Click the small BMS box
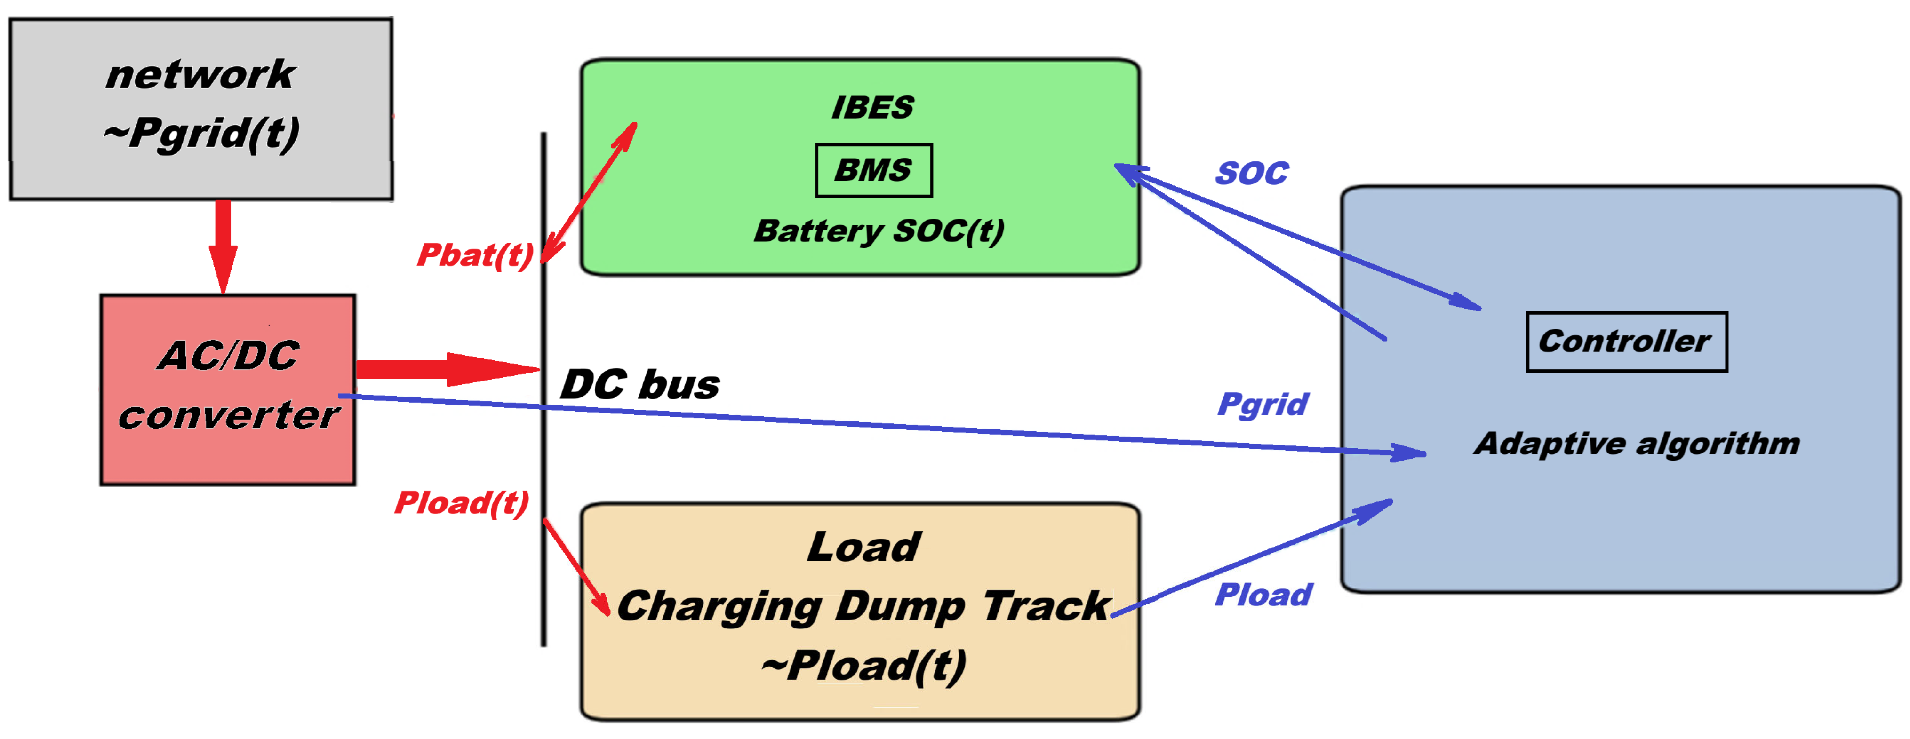[x=873, y=170]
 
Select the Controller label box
[x=1626, y=342]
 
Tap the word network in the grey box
[x=200, y=75]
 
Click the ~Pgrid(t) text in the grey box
[x=202, y=134]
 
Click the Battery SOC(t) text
[x=879, y=231]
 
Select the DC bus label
[x=639, y=385]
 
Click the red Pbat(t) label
[x=474, y=256]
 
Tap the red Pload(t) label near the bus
[x=461, y=503]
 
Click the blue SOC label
[x=1252, y=174]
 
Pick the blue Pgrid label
[x=1263, y=405]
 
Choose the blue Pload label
[x=1263, y=595]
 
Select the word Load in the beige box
[x=864, y=547]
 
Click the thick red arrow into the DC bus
[x=445, y=369]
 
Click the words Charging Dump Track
[x=863, y=606]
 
